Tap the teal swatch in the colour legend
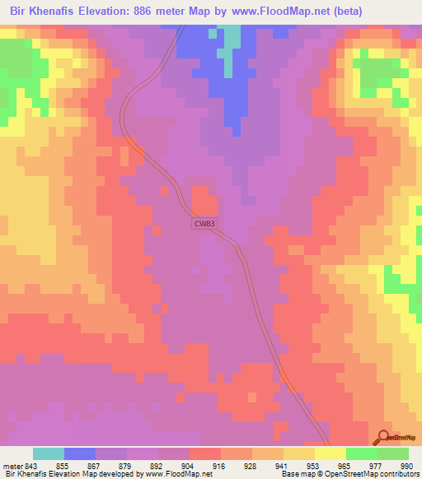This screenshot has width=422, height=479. click(x=49, y=454)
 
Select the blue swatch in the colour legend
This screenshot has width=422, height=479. click(x=80, y=454)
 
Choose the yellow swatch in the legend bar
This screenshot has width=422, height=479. click(x=331, y=454)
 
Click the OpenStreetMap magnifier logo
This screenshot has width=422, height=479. click(x=385, y=436)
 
